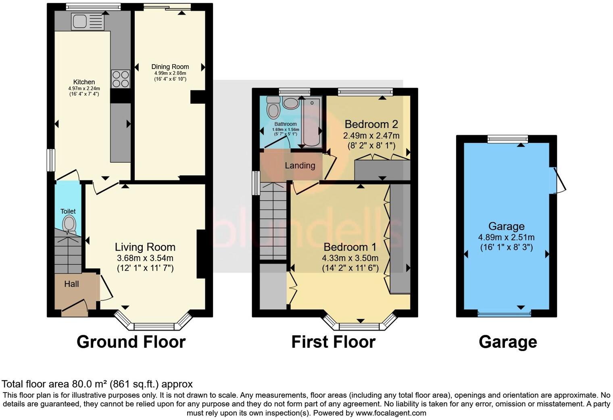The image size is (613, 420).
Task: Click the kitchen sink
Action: click(88, 21)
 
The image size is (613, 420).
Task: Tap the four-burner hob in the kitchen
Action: click(121, 79)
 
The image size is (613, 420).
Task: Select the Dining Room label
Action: click(170, 67)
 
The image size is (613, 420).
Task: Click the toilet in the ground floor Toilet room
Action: click(69, 224)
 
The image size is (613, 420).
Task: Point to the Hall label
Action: click(71, 284)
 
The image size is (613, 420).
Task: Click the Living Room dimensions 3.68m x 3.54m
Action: click(145, 258)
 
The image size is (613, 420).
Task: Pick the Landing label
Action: click(300, 165)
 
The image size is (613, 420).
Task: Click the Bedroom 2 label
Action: click(371, 123)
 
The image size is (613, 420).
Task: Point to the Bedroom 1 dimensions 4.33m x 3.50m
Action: click(350, 258)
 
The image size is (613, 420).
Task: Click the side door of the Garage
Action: click(560, 180)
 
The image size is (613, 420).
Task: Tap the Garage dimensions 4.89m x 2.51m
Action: click(506, 237)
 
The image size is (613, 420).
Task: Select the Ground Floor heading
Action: click(131, 342)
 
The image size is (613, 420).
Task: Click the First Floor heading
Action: click(333, 342)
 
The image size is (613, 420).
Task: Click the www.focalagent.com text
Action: click(391, 413)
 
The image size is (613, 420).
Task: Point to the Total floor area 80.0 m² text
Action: click(97, 384)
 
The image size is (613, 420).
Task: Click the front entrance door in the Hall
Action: click(74, 307)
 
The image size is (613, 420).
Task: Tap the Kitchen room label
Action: click(84, 82)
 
